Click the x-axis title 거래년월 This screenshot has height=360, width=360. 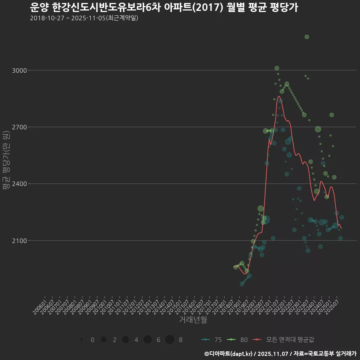pyautogui.click(x=193, y=320)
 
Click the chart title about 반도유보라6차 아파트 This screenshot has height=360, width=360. pyautogui.click(x=163, y=7)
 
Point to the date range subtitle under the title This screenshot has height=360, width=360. pyautogui.click(x=84, y=18)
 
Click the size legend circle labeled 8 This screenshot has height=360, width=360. pyautogui.click(x=169, y=340)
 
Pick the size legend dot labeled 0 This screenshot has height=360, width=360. pyautogui.click(x=81, y=340)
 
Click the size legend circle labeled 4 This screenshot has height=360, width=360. pyautogui.click(x=126, y=340)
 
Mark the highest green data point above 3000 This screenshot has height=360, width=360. pyautogui.click(x=307, y=37)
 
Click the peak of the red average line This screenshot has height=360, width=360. pyautogui.click(x=279, y=96)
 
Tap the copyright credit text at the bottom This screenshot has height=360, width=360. pyautogui.click(x=280, y=354)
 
